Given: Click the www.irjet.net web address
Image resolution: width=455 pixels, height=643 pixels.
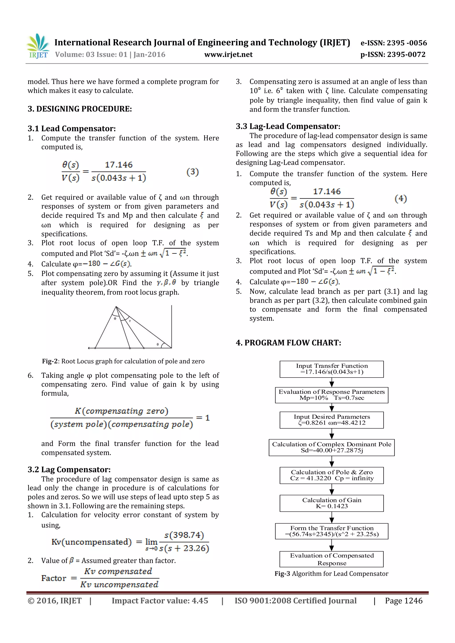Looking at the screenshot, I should pyautogui.click(x=228, y=55).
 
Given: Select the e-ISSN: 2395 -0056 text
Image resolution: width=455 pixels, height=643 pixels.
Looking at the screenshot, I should pyautogui.click(x=393, y=43).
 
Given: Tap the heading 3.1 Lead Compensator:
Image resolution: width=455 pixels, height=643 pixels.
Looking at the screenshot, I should pyautogui.click(x=72, y=129).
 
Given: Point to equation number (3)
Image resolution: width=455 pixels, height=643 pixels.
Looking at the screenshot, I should pyautogui.click(x=193, y=172).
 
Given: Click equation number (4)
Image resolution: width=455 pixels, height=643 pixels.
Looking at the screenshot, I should pyautogui.click(x=401, y=199).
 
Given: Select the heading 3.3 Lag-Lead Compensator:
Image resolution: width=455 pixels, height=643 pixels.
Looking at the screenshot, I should pyautogui.click(x=288, y=126).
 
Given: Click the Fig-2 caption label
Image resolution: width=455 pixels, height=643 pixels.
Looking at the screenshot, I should pyautogui.click(x=50, y=361).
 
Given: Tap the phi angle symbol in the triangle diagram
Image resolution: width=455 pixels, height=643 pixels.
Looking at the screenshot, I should pyautogui.click(x=115, y=319).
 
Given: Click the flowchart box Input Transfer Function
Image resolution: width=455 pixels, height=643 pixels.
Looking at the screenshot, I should pyautogui.click(x=331, y=369).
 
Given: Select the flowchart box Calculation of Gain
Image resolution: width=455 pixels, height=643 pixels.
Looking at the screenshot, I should pyautogui.click(x=331, y=503).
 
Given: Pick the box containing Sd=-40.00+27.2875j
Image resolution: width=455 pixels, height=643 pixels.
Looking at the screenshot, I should pyautogui.click(x=331, y=447).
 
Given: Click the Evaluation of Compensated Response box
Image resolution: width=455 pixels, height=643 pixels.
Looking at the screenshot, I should pyautogui.click(x=331, y=559).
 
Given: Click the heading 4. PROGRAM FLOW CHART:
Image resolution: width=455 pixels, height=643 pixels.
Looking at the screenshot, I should pyautogui.click(x=288, y=343).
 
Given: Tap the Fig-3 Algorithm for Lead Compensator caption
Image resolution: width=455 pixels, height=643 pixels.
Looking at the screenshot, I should pyautogui.click(x=331, y=574).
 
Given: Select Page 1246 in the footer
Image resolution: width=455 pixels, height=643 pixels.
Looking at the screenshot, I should pyautogui.click(x=403, y=601).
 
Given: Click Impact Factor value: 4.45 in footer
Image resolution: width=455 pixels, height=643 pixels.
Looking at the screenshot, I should pyautogui.click(x=160, y=601).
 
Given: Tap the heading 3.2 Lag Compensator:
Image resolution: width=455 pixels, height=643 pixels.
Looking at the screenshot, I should pyautogui.click(x=69, y=470).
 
